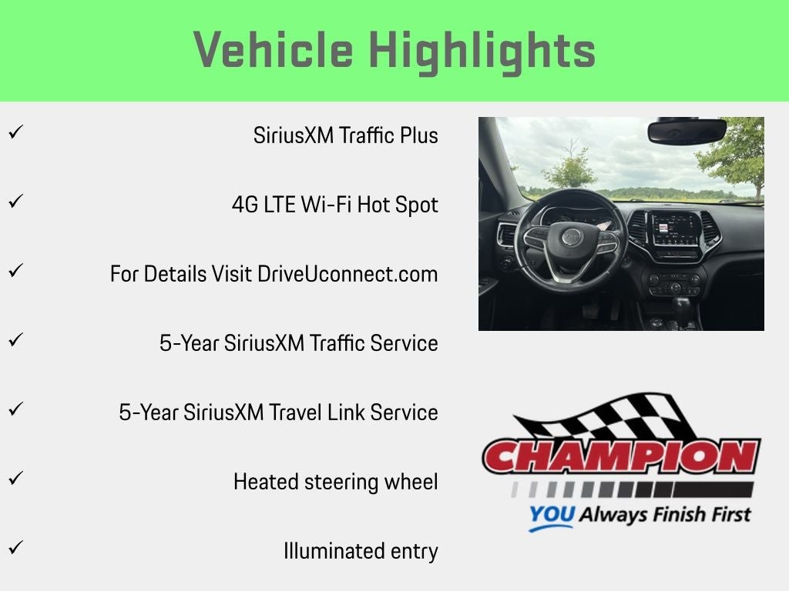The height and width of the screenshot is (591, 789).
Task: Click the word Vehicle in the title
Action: [x=274, y=49]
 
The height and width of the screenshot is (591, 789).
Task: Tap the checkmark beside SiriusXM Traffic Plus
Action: [x=15, y=132]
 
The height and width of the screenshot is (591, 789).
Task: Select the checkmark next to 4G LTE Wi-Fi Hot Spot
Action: [x=15, y=202]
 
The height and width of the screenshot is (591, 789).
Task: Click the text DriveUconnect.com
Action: [x=347, y=275]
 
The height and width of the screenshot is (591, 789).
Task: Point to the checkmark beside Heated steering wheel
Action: [x=15, y=478]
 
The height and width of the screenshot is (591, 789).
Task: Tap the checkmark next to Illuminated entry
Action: [x=15, y=547]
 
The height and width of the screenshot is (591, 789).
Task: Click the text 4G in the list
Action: [x=244, y=205]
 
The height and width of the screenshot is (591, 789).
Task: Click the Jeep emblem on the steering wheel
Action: [x=571, y=236]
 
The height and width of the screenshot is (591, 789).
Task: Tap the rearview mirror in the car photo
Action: [x=687, y=130]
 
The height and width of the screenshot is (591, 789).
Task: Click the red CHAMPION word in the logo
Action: [x=622, y=456]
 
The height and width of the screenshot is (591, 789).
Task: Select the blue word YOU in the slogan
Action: [x=552, y=515]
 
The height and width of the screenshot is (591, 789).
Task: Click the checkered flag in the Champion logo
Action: [x=604, y=416]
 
